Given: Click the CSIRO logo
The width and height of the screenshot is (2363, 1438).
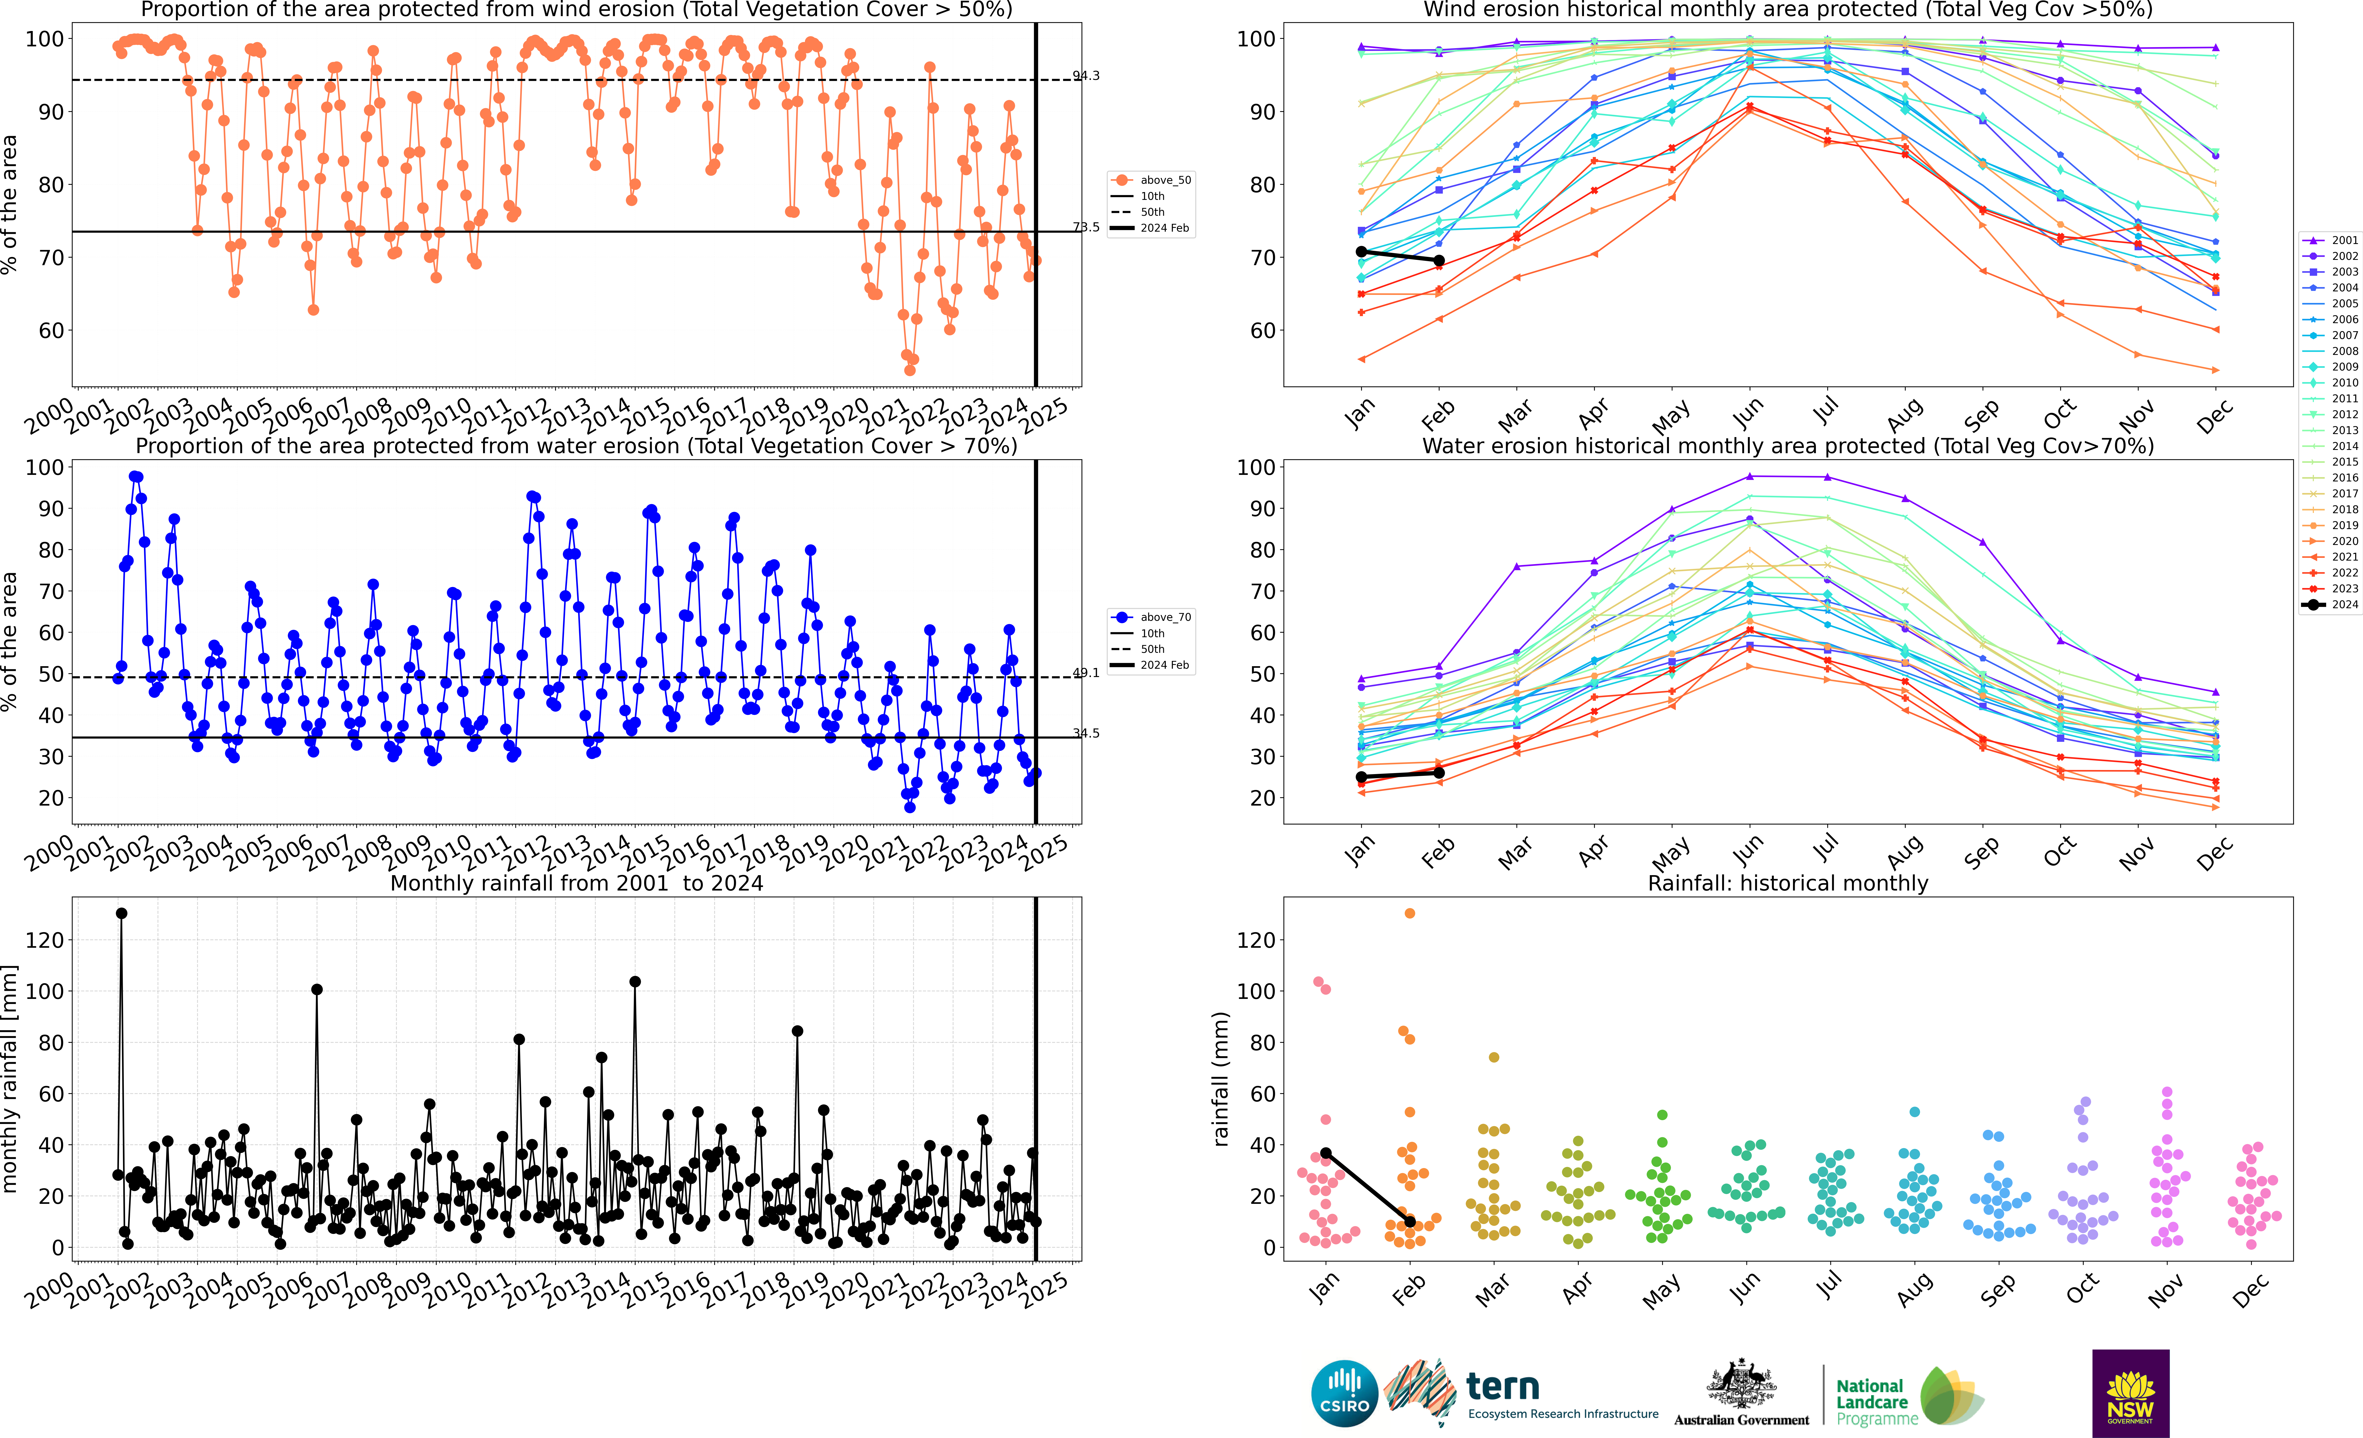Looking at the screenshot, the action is (1344, 1393).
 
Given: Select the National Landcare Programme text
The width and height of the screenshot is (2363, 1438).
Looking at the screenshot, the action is (1877, 1401).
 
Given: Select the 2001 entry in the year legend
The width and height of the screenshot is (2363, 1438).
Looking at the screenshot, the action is (2330, 241).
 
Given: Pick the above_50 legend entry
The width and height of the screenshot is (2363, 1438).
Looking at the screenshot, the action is (1151, 180).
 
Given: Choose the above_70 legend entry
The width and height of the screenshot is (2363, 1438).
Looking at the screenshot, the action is (1151, 617).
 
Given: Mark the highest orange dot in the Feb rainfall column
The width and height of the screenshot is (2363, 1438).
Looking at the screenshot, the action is (1410, 914).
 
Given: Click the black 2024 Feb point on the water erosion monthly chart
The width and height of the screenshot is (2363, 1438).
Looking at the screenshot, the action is (1440, 773).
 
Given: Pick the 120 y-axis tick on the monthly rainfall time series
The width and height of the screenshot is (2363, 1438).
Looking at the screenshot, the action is (45, 940).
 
